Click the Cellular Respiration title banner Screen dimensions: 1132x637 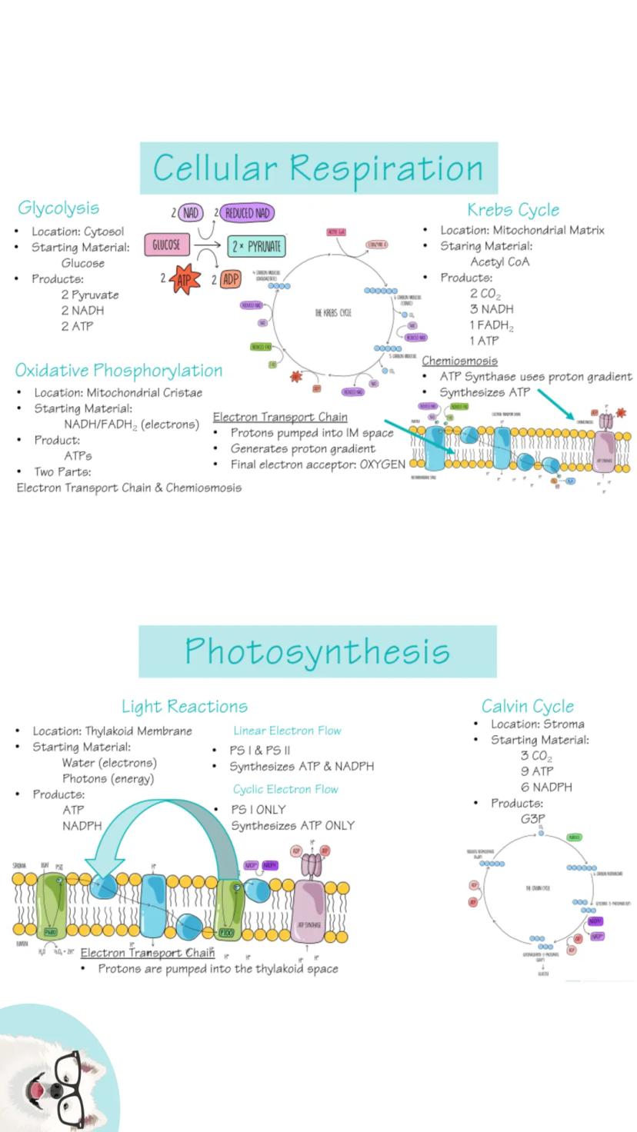coord(318,168)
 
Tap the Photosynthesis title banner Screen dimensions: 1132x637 coord(318,651)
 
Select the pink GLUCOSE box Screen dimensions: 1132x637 coord(166,245)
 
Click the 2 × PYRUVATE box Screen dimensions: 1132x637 coord(257,246)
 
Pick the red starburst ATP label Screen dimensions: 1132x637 coord(185,279)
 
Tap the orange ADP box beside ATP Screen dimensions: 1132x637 coord(230,279)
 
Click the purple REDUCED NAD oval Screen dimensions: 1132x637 coord(247,213)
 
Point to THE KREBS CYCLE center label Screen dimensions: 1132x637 coord(333,313)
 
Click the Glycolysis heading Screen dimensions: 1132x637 coord(58,208)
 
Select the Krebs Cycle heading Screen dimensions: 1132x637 coord(513,209)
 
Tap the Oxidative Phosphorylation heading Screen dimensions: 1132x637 coord(118,370)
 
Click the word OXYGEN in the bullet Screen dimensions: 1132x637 coord(382,464)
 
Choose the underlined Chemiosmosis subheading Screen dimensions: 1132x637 coord(459,360)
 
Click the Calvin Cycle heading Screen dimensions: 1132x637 coord(528,706)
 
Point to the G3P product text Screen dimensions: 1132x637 coord(532,819)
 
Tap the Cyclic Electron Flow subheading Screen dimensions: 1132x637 coord(285,789)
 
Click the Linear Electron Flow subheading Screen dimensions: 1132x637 coord(287,731)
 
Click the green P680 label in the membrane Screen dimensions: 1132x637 coord(49,931)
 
